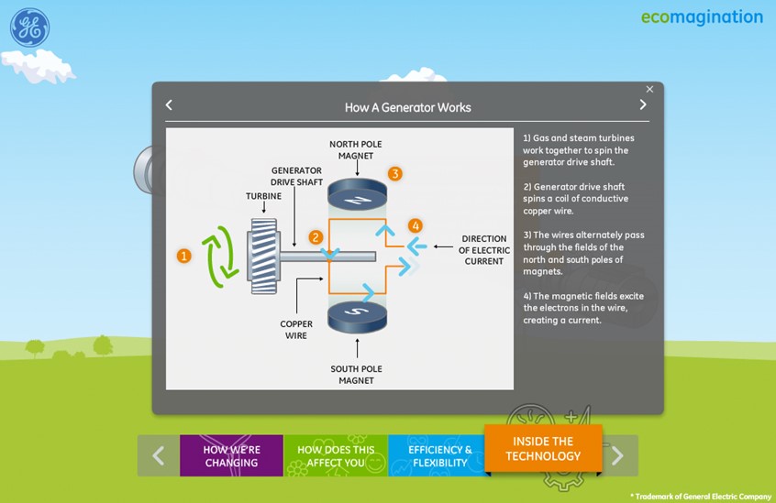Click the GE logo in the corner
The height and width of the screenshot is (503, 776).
pos(29,28)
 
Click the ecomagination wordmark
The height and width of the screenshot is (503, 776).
pos(702,17)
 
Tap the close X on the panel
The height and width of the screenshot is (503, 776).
pos(649,90)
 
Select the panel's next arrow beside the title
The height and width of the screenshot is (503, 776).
pos(642,105)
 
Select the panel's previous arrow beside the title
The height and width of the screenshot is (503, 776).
pos(169,105)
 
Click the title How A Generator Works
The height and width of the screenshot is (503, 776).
pos(407,107)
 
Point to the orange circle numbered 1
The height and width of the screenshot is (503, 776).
pos(183,257)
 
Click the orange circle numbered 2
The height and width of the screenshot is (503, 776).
pos(316,237)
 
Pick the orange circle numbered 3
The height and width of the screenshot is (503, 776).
pos(394,173)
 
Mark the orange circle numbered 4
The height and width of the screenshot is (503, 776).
pos(415,225)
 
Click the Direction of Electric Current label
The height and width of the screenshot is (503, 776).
pos(482,249)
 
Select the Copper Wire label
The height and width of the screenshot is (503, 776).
pos(296,330)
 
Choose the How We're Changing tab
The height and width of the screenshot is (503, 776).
pos(231,455)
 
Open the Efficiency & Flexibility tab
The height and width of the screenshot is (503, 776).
pos(440,455)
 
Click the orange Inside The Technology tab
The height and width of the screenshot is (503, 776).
pos(542,449)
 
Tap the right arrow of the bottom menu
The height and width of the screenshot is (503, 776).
pos(617,455)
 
